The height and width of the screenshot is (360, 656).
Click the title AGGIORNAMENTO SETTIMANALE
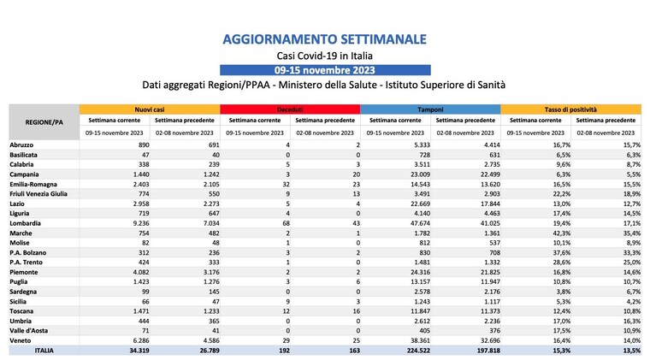[325, 39]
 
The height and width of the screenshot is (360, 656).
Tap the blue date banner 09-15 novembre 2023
[325, 70]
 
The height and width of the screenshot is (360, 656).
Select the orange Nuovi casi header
[150, 109]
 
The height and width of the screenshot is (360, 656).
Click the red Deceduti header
[290, 109]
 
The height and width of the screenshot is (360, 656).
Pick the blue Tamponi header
[430, 109]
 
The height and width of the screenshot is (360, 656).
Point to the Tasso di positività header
[570, 109]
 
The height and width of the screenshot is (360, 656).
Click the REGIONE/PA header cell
[44, 122]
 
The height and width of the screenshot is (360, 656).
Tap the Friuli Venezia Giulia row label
[38, 194]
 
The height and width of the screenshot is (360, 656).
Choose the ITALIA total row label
[44, 351]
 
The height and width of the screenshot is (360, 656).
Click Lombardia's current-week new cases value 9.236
[140, 223]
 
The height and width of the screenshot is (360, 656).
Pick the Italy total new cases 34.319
[139, 351]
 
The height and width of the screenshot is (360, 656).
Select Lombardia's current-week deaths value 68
[286, 223]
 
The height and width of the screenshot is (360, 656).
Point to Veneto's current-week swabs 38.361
[420, 341]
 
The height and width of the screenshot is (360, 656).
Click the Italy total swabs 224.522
[418, 351]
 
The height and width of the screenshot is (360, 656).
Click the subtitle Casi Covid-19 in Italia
[325, 56]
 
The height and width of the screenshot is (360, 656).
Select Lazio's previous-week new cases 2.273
[210, 204]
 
